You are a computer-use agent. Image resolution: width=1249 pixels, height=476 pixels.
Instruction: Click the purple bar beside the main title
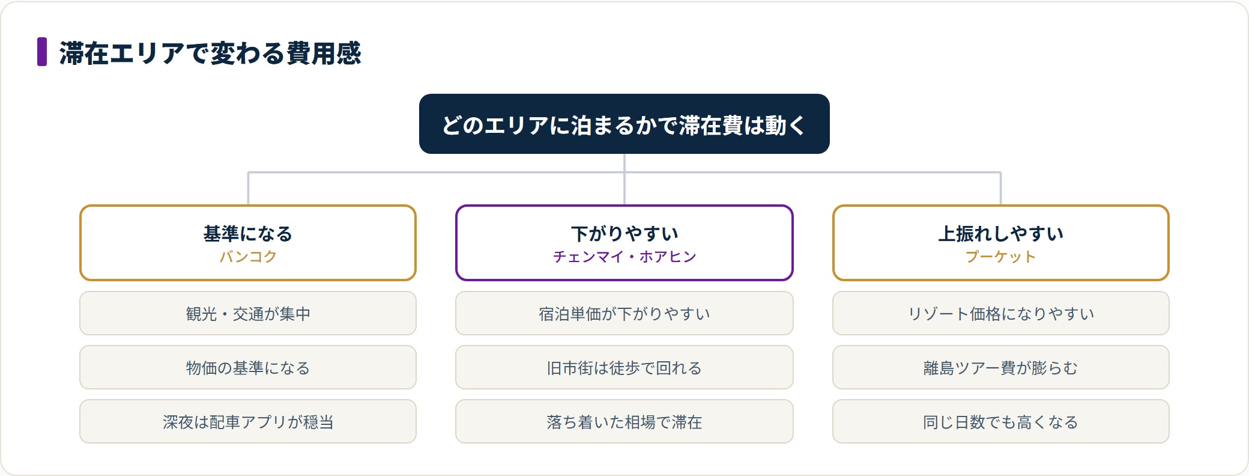pyautogui.click(x=42, y=52)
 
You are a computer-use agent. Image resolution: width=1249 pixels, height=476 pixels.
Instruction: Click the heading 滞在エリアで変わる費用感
pyautogui.click(x=210, y=53)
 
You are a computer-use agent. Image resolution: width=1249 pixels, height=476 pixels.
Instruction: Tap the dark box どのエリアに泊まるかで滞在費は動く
pyautogui.click(x=624, y=124)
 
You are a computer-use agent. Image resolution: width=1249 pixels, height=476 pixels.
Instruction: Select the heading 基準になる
pyautogui.click(x=248, y=233)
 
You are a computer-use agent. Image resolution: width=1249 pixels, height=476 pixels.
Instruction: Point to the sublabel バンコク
pyautogui.click(x=248, y=257)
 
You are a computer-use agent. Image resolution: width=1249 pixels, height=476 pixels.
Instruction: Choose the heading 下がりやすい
pyautogui.click(x=624, y=233)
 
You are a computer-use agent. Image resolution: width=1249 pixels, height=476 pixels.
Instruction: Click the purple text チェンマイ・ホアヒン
pyautogui.click(x=624, y=257)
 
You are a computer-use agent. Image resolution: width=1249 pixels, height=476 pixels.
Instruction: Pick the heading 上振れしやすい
pyautogui.click(x=1001, y=233)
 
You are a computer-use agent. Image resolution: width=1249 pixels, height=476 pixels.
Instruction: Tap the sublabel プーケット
pyautogui.click(x=1001, y=257)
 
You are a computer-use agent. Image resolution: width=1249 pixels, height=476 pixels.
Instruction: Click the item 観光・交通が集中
pyautogui.click(x=248, y=313)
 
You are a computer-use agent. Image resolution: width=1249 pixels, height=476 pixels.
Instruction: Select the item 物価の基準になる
pyautogui.click(x=248, y=367)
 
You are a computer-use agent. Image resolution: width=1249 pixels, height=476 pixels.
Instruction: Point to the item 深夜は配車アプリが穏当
pyautogui.click(x=248, y=421)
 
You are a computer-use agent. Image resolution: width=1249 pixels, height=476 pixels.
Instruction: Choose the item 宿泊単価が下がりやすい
pyautogui.click(x=624, y=313)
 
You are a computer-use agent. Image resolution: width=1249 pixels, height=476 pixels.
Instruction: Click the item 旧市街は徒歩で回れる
pyautogui.click(x=624, y=367)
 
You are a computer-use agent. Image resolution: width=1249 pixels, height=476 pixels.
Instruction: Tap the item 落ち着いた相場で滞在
pyautogui.click(x=624, y=421)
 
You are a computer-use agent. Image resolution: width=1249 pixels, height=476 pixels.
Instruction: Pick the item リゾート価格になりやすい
pyautogui.click(x=1001, y=313)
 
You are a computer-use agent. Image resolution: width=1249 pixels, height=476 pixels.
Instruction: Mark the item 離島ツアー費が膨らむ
pyautogui.click(x=1001, y=367)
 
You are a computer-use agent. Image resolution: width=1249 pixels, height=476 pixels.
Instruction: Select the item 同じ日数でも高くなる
pyautogui.click(x=1001, y=421)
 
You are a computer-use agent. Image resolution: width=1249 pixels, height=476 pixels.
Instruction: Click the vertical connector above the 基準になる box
pyautogui.click(x=248, y=189)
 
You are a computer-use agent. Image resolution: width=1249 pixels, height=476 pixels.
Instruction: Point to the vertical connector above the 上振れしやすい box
pyautogui.click(x=1001, y=189)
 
